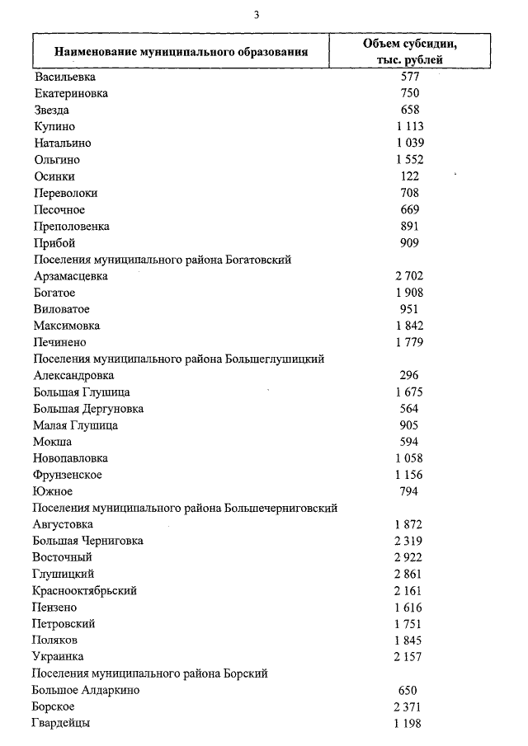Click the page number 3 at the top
(257, 14)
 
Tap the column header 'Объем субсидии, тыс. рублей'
(409, 51)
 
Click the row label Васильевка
(66, 77)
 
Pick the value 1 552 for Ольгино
(409, 160)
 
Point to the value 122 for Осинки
(409, 176)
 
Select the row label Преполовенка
(72, 226)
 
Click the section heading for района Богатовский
(162, 260)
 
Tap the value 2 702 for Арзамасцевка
(409, 276)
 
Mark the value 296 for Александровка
(409, 376)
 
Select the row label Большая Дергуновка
(88, 409)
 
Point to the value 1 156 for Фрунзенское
(409, 475)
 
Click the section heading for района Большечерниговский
(185, 509)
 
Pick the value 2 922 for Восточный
(409, 558)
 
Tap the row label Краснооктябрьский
(85, 591)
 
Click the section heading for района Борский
(150, 674)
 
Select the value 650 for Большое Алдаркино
(409, 691)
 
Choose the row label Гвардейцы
(62, 724)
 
